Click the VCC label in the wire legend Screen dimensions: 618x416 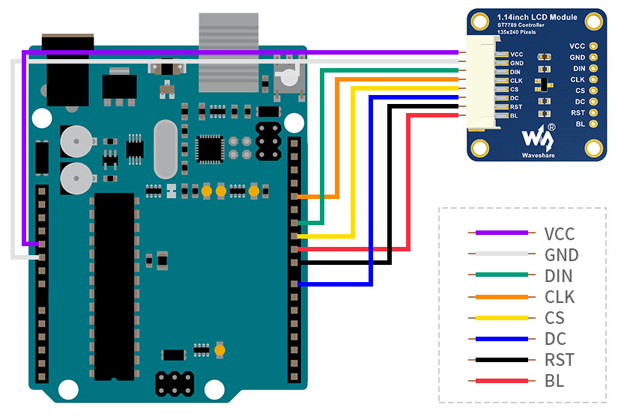coord(560,233)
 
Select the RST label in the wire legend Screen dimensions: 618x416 coord(560,360)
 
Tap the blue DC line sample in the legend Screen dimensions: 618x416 coord(502,339)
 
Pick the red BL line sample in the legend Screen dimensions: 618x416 coord(502,381)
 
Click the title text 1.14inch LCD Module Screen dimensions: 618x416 coord(537,17)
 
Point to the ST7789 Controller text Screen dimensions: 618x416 coord(521,25)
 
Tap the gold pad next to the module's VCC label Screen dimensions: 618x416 coord(593,46)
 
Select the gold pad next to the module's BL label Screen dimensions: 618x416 coord(593,124)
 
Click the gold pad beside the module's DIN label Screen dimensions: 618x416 coord(593,69)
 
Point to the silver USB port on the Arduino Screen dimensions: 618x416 coord(228,52)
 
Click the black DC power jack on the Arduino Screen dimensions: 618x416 coord(67,70)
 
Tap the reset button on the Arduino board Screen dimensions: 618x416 coord(290,76)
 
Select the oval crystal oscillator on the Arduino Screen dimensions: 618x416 coord(166,149)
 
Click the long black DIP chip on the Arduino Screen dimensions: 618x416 coord(115,287)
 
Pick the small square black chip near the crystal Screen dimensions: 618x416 coord(210,150)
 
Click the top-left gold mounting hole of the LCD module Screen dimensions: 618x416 coord(479,21)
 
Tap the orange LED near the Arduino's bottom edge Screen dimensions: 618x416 coord(220,350)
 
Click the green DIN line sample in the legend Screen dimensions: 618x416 coord(502,275)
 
